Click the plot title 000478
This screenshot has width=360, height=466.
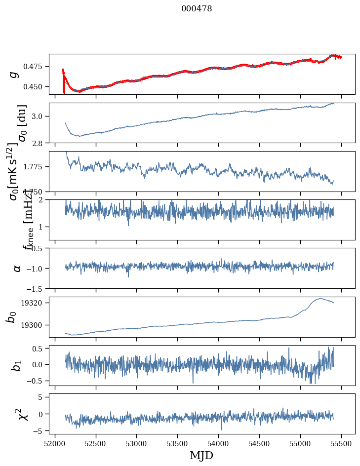[197, 8]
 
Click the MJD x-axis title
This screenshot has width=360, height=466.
[201, 455]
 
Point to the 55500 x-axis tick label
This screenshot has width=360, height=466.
[342, 443]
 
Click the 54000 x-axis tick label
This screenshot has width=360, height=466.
[219, 443]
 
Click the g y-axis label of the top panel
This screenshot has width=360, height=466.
[14, 74]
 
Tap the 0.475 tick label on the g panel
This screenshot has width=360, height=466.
[34, 66]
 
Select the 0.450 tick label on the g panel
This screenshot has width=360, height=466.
[34, 86]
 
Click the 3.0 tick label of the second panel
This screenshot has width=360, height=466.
[39, 116]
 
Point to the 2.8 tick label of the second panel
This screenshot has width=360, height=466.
[39, 143]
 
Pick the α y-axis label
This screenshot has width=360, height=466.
[17, 268]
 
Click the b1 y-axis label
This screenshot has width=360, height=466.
[16, 365]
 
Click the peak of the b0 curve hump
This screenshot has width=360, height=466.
[320, 298]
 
